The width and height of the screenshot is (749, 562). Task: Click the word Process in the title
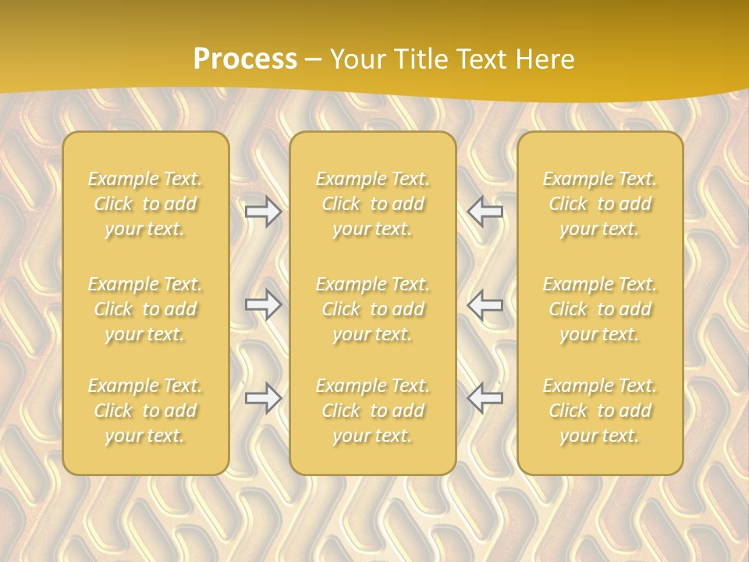coord(245,59)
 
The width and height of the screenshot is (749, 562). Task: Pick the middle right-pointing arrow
coord(264,304)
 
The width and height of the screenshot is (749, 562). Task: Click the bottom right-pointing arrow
coord(264,398)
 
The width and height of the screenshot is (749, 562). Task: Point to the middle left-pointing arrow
coord(485,304)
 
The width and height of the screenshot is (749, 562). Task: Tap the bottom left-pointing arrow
coord(485,398)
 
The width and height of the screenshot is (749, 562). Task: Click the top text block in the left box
coord(145,204)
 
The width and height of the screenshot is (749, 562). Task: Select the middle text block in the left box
coord(145,309)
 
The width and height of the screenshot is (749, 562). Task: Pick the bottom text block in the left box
coord(145,411)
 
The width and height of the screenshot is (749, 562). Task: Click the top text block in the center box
coord(373,204)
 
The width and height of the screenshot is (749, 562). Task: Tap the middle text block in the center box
coord(373,309)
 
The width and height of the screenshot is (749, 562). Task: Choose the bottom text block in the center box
coord(373,411)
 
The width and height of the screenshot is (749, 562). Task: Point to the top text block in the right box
coord(600,204)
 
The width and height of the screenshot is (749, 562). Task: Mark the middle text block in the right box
coord(600,309)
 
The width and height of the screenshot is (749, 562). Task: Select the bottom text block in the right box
coord(600,411)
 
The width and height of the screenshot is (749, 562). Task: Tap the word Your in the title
coord(357,59)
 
